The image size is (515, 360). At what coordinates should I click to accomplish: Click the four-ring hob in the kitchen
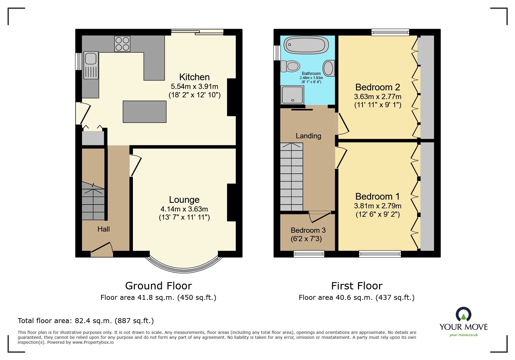(x=122, y=44)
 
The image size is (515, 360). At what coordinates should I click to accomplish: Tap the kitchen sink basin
(x=91, y=59)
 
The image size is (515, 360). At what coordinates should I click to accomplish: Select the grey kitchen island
(x=145, y=112)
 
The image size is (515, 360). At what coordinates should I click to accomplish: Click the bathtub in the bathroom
(x=306, y=45)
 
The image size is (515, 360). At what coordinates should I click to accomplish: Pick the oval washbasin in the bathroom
(x=329, y=68)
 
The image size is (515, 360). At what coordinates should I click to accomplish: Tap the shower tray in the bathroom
(x=292, y=95)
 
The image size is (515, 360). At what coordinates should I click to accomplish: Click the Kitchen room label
(x=194, y=77)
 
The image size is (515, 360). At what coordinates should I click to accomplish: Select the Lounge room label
(x=184, y=200)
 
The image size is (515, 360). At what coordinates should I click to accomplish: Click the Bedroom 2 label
(x=377, y=87)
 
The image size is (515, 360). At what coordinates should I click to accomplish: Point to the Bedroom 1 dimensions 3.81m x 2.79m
(x=377, y=206)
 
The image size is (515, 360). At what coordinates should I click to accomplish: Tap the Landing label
(x=308, y=136)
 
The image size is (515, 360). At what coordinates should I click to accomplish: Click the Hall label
(x=104, y=229)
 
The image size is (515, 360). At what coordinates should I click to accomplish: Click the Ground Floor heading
(x=158, y=286)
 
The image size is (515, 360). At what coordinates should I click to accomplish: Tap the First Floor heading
(x=357, y=286)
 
